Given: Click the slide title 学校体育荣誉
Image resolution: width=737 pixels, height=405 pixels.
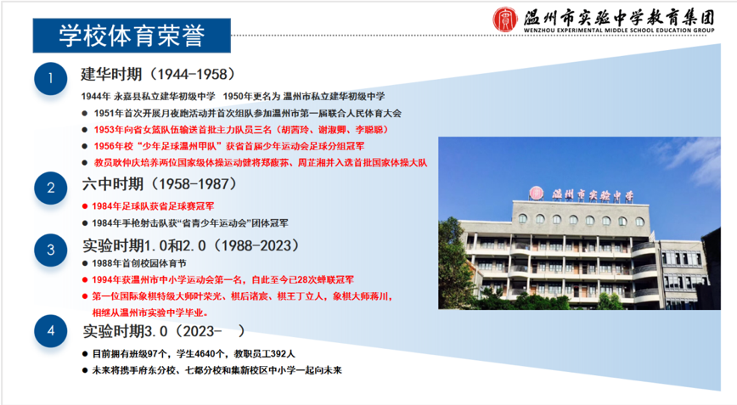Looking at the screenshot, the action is (x=132, y=36).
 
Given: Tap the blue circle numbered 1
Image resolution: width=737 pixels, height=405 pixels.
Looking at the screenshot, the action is (x=51, y=78).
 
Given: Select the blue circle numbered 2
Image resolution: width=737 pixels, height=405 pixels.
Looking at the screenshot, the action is (x=51, y=188).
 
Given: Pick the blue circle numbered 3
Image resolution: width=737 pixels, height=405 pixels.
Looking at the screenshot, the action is (x=51, y=250).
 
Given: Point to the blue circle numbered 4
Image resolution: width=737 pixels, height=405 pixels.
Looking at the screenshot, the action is (x=51, y=331).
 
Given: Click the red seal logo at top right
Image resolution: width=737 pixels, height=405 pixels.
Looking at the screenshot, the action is (x=505, y=20).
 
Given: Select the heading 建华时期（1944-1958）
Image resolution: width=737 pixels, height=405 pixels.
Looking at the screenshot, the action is (x=159, y=74).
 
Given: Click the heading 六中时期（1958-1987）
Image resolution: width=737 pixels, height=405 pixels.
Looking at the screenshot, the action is (x=160, y=183).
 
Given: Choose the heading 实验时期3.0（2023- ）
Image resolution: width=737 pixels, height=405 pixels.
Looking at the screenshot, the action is (x=164, y=331).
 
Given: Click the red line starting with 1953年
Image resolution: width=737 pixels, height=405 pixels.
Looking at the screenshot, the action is (x=241, y=130).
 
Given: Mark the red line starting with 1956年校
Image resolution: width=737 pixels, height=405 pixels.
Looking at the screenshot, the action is (x=229, y=146).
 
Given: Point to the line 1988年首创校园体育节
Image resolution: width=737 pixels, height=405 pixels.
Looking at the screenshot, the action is (x=139, y=263).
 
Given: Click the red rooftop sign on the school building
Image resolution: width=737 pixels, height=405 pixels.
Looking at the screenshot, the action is (x=582, y=194).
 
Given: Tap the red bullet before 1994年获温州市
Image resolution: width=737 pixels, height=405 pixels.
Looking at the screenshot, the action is (x=85, y=280).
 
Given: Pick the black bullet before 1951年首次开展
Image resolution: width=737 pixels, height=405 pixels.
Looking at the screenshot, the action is (x=85, y=113).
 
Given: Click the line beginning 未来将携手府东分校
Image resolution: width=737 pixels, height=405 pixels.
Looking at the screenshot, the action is (x=217, y=370).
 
